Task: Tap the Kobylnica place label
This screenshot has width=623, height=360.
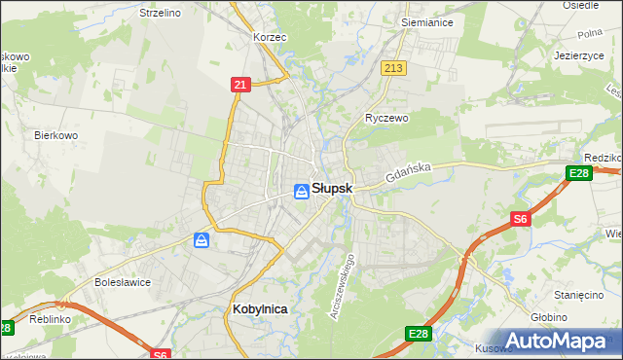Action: [261, 308]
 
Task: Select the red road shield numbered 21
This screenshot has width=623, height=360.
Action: [239, 86]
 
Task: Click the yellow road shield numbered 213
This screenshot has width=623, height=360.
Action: [393, 67]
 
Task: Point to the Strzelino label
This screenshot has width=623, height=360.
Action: [161, 13]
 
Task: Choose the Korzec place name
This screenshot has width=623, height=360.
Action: [268, 36]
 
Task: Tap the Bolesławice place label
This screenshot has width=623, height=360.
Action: [121, 282]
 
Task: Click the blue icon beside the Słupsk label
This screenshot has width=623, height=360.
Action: [302, 192]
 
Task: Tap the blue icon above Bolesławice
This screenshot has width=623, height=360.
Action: [202, 239]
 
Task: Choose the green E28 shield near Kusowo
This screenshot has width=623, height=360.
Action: [418, 335]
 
